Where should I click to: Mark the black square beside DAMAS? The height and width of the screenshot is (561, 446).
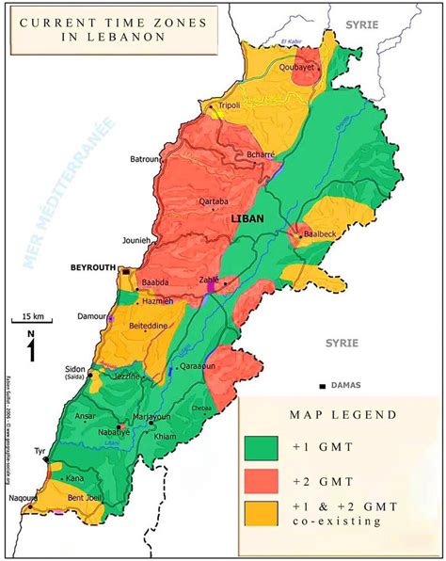pos(323,386)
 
